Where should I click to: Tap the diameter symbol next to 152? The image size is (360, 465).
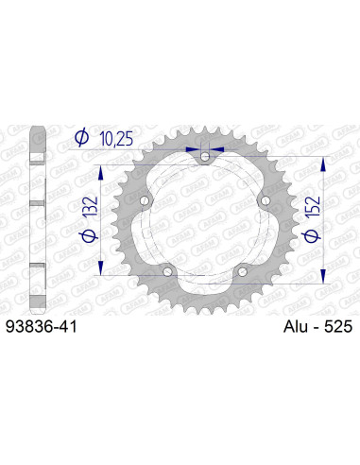312,246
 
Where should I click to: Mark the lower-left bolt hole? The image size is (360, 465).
167,272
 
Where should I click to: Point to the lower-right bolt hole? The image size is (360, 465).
242,272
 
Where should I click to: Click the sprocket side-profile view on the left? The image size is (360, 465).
37,217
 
